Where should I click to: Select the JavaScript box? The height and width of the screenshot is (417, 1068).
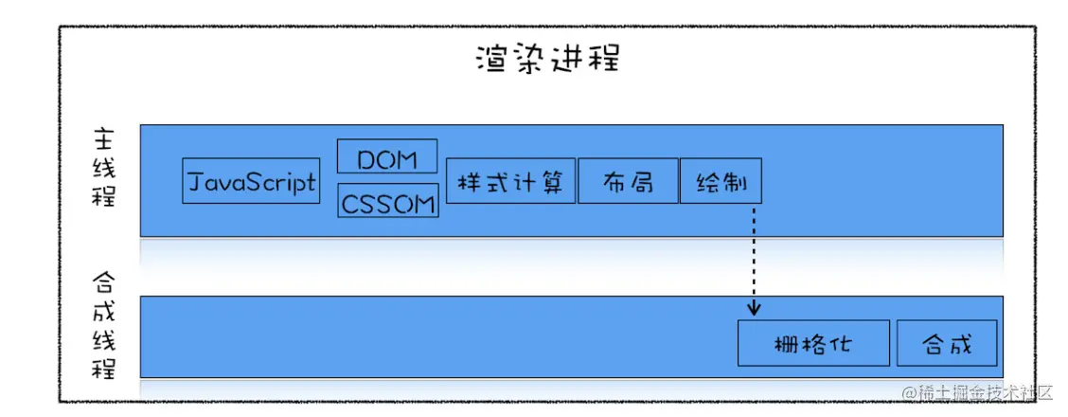pyautogui.click(x=250, y=182)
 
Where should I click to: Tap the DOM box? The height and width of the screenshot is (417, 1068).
pyautogui.click(x=387, y=157)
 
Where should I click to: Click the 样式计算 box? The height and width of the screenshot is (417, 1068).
pyautogui.click(x=509, y=181)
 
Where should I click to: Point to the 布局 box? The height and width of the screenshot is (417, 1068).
pyautogui.click(x=627, y=181)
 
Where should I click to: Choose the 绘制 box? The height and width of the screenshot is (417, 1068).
pyautogui.click(x=719, y=181)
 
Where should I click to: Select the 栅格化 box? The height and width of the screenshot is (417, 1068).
pyautogui.click(x=813, y=343)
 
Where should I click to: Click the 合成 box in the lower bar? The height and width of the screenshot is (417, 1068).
pyautogui.click(x=947, y=343)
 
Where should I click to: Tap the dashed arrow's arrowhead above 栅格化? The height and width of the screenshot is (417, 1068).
pyautogui.click(x=755, y=309)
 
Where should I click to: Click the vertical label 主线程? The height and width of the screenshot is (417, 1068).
pyautogui.click(x=103, y=171)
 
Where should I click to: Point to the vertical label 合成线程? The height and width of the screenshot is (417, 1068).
pyautogui.click(x=103, y=327)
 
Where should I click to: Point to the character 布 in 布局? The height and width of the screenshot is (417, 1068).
pyautogui.click(x=614, y=181)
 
